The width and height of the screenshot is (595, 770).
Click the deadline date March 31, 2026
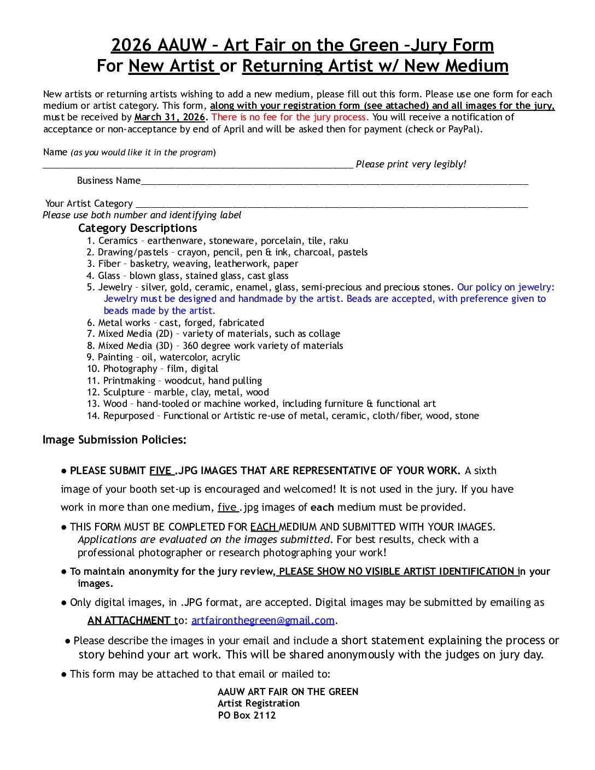point(170,117)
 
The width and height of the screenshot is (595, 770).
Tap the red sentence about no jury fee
point(290,117)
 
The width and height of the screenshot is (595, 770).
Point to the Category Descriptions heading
point(137,228)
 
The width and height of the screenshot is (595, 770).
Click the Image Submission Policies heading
point(114,440)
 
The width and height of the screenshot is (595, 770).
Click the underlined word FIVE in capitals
point(161,471)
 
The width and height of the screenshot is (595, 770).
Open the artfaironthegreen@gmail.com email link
point(262,621)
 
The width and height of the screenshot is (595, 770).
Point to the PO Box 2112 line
point(247,715)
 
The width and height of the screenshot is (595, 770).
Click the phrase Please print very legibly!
point(411,164)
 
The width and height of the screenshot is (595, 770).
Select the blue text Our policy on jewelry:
point(505,287)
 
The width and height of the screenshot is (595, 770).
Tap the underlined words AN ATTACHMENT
point(129,621)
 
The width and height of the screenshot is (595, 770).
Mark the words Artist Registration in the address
point(259,703)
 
